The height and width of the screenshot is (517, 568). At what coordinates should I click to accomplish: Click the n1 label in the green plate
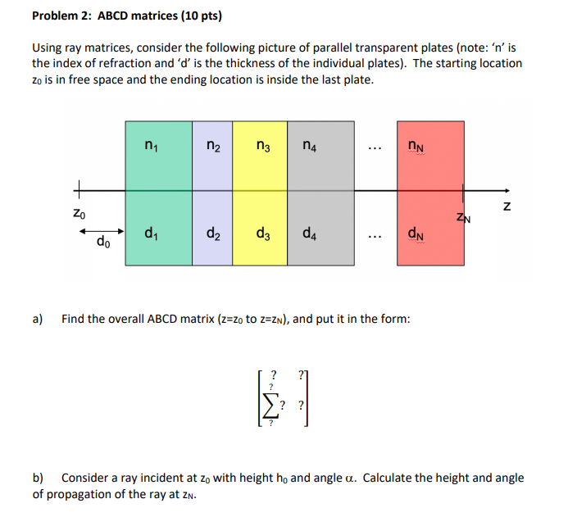[x=150, y=147]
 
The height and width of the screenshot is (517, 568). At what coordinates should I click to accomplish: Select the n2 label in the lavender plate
[x=211, y=147]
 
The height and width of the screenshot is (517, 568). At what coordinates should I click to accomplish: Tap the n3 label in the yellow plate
[x=263, y=147]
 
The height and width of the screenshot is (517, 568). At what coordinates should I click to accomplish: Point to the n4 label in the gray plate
[x=309, y=147]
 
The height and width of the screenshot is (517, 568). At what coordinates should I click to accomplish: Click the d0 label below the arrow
[x=103, y=242]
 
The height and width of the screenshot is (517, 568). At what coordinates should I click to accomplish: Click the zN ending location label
[x=464, y=217]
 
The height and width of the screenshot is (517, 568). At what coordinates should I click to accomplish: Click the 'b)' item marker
[x=39, y=477]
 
